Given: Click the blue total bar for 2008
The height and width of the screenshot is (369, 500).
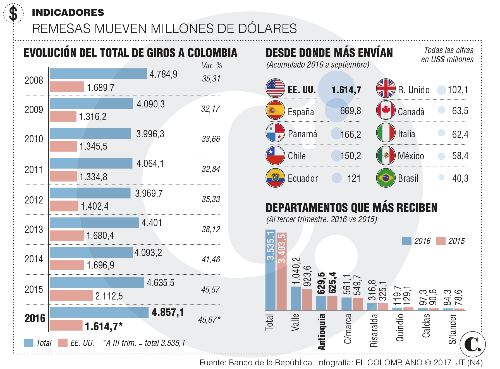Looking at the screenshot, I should point(98,74).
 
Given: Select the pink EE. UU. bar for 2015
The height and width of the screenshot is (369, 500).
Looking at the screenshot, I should point(71,295).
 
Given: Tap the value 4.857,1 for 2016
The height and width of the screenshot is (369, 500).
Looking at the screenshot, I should point(168,312).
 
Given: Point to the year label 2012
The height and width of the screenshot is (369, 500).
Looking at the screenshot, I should point(34,200).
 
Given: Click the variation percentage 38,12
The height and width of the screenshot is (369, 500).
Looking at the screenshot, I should point(211,229).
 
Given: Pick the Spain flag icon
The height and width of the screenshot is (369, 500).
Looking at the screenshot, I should point(275,111).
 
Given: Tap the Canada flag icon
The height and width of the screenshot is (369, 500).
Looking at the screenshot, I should point(386,111).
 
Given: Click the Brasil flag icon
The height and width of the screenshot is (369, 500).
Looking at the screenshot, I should point(386,178).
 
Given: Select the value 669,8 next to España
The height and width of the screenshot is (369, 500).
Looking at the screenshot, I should point(350,111).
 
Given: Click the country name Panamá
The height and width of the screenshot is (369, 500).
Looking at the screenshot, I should point(302,134).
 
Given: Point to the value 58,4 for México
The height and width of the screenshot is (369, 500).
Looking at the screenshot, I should point(460,156).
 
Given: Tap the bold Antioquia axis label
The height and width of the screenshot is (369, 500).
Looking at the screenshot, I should point(322,331).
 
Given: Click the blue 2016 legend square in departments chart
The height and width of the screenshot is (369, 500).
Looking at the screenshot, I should point(406,241).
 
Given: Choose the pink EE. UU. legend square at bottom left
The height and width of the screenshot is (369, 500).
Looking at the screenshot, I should point(63,342).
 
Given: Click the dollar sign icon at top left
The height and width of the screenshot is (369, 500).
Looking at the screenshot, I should point(13,13).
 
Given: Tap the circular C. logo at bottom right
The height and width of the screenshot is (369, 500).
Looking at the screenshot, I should point(472,344).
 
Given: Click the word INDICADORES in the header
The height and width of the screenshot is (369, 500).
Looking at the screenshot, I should point(68,13).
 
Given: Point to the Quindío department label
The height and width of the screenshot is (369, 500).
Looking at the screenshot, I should point(400,327).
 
